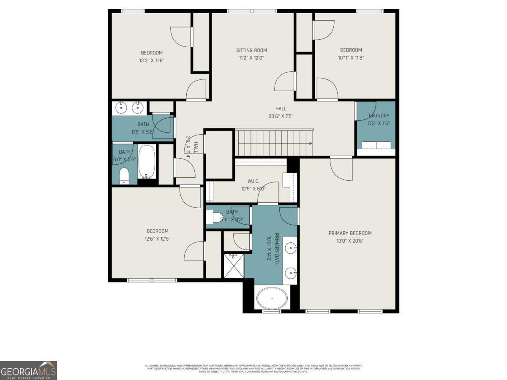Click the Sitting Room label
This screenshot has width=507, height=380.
[251, 51]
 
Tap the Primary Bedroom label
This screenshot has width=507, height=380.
[350, 233]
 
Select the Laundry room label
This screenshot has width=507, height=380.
[379, 116]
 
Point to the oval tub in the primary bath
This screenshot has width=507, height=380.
[272, 298]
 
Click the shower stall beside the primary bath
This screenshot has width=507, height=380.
[233, 266]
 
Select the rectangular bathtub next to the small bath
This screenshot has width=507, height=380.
[147, 162]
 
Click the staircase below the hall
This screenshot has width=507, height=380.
[274, 143]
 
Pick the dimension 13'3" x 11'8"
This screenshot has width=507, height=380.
[152, 60]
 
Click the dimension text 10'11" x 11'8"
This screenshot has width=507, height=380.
[351, 57]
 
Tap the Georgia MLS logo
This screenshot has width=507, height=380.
[28, 370]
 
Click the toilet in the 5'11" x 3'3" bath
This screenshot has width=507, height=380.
[217, 217]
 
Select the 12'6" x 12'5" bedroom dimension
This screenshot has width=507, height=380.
[157, 239]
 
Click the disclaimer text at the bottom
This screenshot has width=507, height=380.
[253, 368]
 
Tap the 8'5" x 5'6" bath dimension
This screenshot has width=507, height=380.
[143, 132]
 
